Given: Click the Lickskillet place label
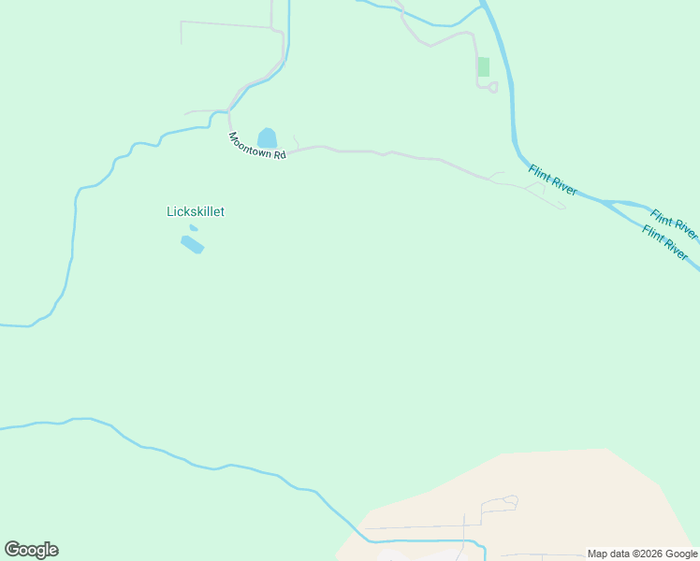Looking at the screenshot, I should [x=196, y=211].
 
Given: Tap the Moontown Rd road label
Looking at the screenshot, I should [x=256, y=145].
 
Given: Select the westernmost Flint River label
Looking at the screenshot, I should [x=552, y=180].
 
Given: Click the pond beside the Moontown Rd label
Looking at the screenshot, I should [x=268, y=138].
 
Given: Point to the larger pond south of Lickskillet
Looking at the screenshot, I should [x=192, y=244].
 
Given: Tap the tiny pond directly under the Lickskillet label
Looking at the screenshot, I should [x=194, y=227].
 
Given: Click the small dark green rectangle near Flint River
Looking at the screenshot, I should [x=483, y=66].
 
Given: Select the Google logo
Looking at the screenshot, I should [x=31, y=550].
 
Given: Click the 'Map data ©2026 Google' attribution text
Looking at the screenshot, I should [x=642, y=554].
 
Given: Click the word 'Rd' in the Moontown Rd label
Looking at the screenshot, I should [x=279, y=154].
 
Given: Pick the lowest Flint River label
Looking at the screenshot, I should [x=664, y=242].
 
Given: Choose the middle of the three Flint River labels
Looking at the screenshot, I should [x=674, y=223].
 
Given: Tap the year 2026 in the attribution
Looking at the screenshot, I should [x=648, y=554].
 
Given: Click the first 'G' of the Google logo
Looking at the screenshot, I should [x=11, y=550].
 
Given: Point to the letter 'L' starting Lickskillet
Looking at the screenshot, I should [x=170, y=211].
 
